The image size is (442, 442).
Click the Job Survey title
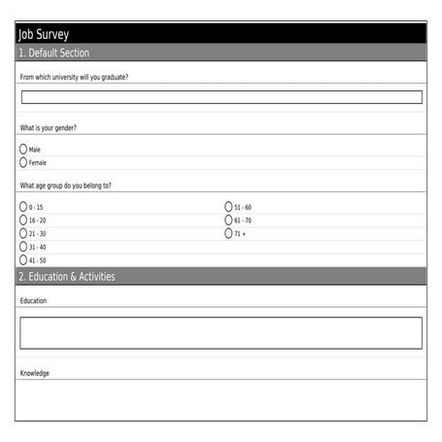(44, 35)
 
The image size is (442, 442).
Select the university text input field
(221, 97)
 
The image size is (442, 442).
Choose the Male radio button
(23, 150)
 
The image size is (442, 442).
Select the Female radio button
(23, 162)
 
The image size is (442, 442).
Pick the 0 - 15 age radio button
(23, 207)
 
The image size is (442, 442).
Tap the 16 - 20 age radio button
(23, 221)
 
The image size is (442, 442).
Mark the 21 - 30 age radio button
(23, 233)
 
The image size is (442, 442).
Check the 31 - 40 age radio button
(23, 247)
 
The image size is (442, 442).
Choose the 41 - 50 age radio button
(23, 260)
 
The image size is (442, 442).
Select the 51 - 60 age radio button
(229, 207)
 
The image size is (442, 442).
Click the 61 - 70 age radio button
(229, 221)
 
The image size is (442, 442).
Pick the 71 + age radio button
(229, 233)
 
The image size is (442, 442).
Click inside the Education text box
(221, 333)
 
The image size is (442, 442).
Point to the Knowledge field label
(35, 373)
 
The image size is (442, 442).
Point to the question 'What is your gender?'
(49, 128)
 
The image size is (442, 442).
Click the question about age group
(65, 185)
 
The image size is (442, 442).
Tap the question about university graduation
(74, 76)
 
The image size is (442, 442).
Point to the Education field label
(33, 301)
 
